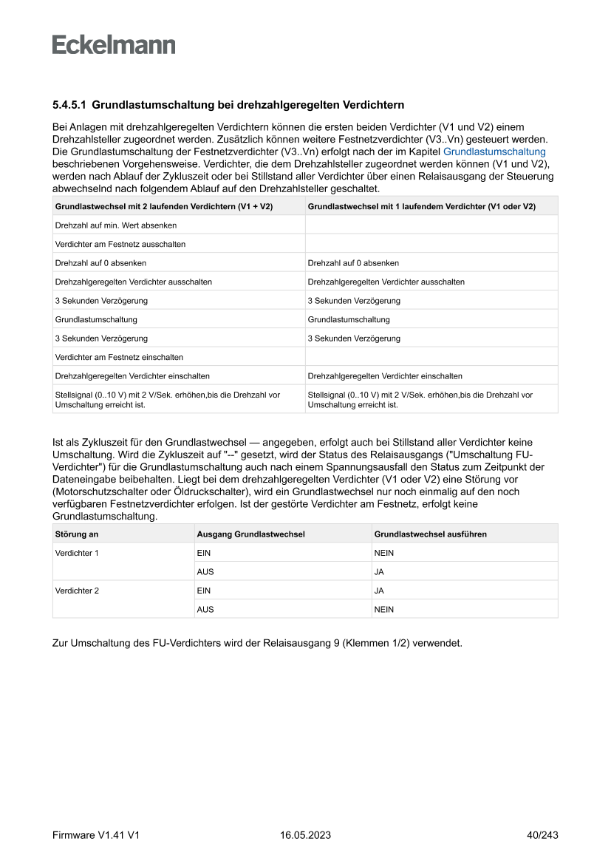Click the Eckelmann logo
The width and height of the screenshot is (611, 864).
point(114,45)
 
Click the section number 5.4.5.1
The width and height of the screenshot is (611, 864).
point(69,106)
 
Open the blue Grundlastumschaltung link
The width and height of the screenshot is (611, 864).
point(494,152)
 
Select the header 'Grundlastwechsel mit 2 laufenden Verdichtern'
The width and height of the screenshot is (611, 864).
point(164,205)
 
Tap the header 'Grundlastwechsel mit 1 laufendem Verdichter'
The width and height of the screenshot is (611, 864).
point(421,205)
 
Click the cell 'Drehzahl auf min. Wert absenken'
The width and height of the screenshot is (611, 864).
point(116,225)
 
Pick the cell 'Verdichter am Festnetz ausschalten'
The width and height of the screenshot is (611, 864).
point(120,244)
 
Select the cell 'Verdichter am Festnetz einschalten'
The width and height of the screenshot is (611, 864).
point(120,357)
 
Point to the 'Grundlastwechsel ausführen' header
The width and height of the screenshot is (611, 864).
point(431,534)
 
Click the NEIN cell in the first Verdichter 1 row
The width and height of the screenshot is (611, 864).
point(384,553)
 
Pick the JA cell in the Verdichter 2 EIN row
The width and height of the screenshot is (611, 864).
point(380,591)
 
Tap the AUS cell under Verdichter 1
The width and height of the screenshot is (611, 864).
point(205,572)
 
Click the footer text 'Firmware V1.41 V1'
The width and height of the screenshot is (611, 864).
point(96,835)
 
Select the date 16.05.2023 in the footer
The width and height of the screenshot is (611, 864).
point(305,835)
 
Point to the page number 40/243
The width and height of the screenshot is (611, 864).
point(542,835)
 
